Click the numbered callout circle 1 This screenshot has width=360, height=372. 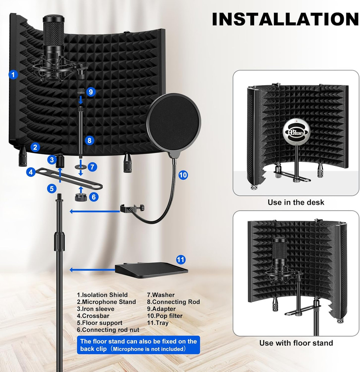point(13,74)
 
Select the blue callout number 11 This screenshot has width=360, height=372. point(181,259)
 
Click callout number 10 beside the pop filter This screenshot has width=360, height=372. point(183,175)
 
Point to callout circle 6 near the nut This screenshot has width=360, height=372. point(94,197)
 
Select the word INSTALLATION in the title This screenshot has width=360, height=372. point(285,19)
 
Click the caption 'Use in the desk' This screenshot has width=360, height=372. point(296,202)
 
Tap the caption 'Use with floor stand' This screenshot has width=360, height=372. point(296,343)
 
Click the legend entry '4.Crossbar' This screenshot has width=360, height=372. point(95,316)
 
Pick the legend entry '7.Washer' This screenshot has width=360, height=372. point(161,295)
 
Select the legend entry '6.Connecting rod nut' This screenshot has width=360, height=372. point(108,330)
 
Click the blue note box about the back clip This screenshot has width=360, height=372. point(138,345)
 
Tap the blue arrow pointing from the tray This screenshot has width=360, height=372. point(91,270)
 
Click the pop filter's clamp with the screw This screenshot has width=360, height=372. point(126,209)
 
